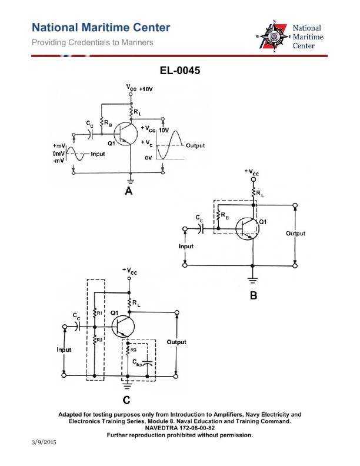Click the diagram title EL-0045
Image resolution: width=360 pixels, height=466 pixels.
(180, 71)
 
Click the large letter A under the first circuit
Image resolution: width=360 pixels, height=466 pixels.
(129, 191)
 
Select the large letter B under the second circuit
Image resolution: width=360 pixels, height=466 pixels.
(254, 296)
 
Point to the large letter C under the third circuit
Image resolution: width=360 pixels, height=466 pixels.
(126, 401)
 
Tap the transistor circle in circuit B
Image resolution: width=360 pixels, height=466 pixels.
(246, 229)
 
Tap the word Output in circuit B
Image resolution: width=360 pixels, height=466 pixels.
(295, 234)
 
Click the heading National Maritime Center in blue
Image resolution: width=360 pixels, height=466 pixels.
(101, 28)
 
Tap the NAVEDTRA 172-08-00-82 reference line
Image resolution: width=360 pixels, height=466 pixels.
(180, 428)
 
